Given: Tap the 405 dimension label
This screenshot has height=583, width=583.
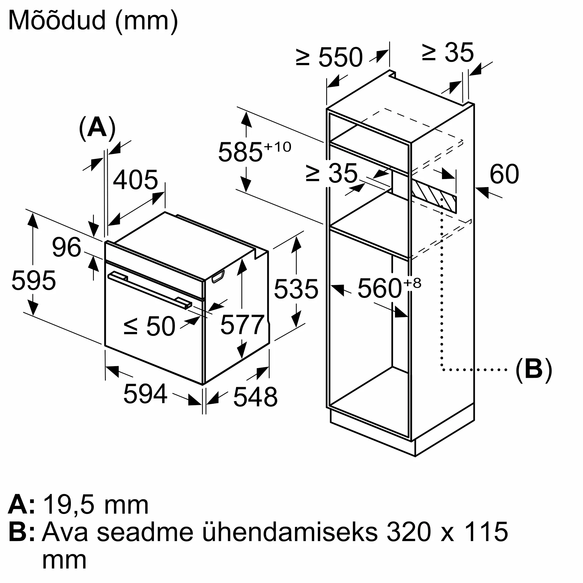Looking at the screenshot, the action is coord(136,180).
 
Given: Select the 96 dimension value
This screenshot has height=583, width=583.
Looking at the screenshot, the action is coord(67,247).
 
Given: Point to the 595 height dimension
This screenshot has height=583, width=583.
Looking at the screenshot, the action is coord(34,280).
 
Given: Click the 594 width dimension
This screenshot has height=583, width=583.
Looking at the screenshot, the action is coord(145,393).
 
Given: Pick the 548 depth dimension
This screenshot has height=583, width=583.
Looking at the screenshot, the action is coord(256,397).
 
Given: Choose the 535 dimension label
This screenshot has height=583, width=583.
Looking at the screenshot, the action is coord(296,289).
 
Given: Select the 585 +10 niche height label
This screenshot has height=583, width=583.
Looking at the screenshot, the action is coord(255,151).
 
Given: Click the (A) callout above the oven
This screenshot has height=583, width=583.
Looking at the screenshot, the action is coord(97,128).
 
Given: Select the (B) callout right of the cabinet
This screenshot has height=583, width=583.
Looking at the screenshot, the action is coord(533,369).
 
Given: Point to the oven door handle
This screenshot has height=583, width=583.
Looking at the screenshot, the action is coord(150,290).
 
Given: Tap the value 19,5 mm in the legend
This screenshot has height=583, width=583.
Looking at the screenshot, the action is coord(96,505).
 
